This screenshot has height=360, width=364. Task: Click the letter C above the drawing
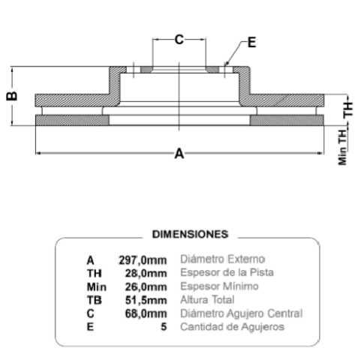179,40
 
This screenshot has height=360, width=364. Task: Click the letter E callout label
251,42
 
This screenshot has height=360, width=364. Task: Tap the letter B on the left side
12,96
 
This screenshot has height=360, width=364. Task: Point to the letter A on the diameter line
179,153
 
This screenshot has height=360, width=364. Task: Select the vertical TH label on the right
348,109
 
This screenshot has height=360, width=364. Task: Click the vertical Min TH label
343,147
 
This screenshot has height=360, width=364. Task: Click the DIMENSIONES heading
190,234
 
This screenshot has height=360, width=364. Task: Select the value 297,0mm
143,260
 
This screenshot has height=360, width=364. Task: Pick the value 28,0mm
146,273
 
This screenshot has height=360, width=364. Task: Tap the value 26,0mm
146,286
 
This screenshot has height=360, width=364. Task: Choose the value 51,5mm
146,300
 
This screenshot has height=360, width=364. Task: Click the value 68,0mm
146,313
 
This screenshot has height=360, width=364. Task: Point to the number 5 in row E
164,327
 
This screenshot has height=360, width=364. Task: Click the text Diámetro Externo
223,259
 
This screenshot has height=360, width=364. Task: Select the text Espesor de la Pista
227,273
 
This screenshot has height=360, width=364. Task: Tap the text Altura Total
207,300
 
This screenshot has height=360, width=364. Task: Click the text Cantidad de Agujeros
233,327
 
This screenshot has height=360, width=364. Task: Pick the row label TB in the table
95,300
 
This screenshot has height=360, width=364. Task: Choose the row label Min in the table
97,286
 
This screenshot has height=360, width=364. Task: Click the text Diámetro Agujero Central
242,313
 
